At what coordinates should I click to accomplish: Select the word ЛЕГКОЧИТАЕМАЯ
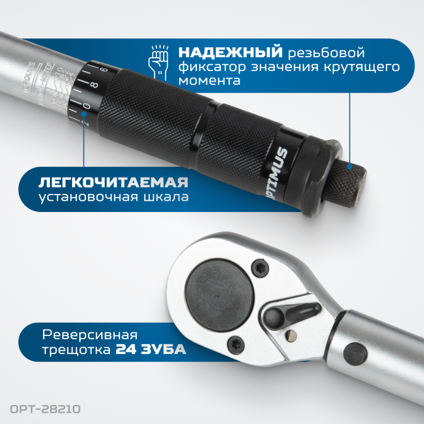pos(113,183)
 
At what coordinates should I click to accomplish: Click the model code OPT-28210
pos(45,409)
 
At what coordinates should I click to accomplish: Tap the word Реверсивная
pos(89,335)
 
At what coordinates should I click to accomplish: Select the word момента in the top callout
pos(209,81)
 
